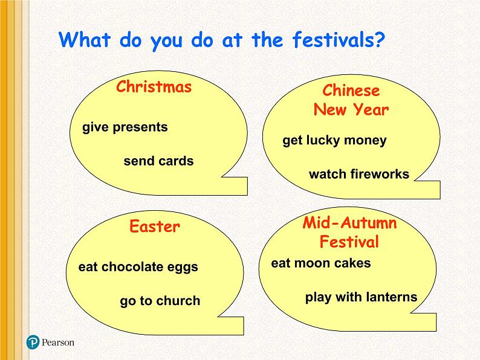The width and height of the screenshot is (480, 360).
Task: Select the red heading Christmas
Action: pyautogui.click(x=154, y=86)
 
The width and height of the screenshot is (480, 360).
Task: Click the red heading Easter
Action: pyautogui.click(x=155, y=227)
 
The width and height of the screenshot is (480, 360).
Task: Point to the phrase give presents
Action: pyautogui.click(x=125, y=127)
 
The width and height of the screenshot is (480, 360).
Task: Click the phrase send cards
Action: pyautogui.click(x=158, y=161)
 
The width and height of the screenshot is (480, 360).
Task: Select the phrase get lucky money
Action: pyautogui.click(x=334, y=141)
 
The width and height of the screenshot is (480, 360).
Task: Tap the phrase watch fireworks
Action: pyautogui.click(x=359, y=174)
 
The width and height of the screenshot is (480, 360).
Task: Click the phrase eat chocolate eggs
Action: pyautogui.click(x=138, y=267)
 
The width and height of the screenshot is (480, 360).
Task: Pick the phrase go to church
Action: pyautogui.click(x=160, y=301)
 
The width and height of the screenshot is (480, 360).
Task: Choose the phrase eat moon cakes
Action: pyautogui.click(x=321, y=263)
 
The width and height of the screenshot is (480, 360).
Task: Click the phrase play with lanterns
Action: pyautogui.click(x=362, y=297)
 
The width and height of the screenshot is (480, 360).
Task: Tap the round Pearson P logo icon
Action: pyautogui.click(x=33, y=342)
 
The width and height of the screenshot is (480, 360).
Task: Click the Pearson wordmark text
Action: pyautogui.click(x=58, y=342)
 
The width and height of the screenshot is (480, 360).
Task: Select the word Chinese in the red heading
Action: pyautogui.click(x=351, y=90)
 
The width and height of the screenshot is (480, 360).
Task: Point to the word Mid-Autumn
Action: pyautogui.click(x=349, y=222)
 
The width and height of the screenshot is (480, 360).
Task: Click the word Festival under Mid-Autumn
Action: pyautogui.click(x=349, y=242)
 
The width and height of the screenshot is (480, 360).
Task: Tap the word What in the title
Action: pyautogui.click(x=85, y=39)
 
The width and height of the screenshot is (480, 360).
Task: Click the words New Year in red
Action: pyautogui.click(x=351, y=109)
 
